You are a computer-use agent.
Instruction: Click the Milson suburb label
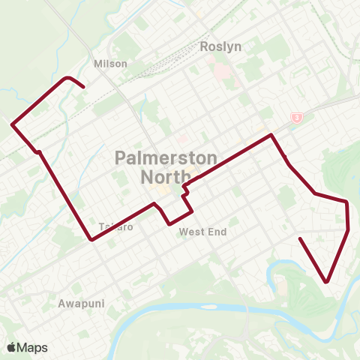[110, 64]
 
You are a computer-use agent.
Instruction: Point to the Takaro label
[115, 226]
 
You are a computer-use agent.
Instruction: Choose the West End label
[202, 232]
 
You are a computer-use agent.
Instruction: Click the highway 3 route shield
[297, 118]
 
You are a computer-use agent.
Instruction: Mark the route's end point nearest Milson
[82, 88]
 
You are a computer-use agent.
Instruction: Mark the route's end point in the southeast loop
[300, 238]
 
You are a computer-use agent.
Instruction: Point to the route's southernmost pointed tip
[328, 282]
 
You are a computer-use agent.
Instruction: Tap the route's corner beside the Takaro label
[91, 239]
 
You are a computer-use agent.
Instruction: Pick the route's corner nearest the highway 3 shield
[271, 135]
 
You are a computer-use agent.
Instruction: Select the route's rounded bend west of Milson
[68, 77]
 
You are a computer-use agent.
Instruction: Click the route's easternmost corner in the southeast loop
[349, 229]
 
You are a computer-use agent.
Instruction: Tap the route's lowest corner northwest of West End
[171, 223]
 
